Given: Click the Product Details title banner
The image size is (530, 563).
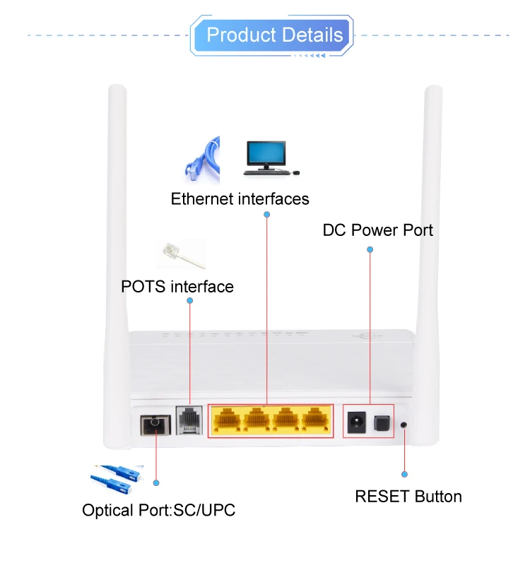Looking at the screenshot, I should (274, 35).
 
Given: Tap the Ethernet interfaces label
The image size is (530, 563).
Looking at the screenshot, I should (240, 198).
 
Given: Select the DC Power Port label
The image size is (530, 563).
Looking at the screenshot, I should (377, 230).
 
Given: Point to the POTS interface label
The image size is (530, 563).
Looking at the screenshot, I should (177, 287).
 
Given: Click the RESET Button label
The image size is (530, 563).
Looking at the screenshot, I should (408, 497).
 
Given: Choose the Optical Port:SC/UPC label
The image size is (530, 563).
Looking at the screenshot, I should (158, 510).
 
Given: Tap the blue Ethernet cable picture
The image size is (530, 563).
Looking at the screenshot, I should (201, 158).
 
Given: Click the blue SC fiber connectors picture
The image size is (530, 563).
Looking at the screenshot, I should (117, 481).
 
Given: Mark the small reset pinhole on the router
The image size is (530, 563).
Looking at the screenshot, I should (404, 425).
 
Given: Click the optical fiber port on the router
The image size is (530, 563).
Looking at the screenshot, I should (155, 425).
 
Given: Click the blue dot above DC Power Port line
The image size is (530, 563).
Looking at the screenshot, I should (370, 249).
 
